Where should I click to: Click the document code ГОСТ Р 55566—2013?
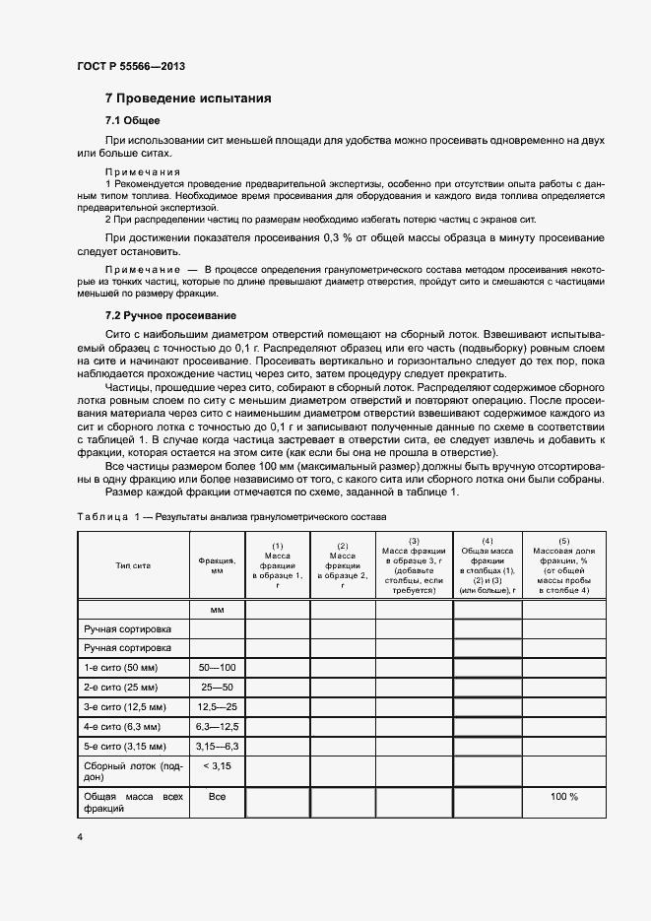tap(130, 66)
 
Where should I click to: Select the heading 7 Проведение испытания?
tap(188, 99)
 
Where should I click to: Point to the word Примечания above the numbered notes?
tap(142, 171)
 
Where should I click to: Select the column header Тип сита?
tap(133, 566)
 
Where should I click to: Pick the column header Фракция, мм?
tap(217, 566)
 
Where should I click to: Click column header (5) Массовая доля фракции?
tap(563, 566)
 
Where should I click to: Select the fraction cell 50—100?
tap(217, 667)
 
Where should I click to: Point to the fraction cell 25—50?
tap(217, 687)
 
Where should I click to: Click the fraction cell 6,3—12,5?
tap(217, 726)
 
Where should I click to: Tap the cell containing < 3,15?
tap(217, 765)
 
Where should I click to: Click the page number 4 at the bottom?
tap(80, 836)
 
